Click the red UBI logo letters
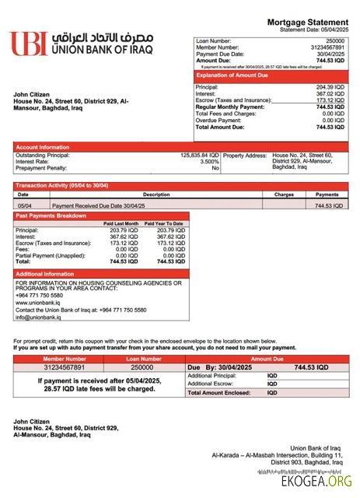click(27, 44)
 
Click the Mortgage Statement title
click(307, 23)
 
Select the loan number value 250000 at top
click(335, 40)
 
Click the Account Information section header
click(43, 146)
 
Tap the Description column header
click(156, 194)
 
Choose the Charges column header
click(284, 194)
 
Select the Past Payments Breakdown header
click(51, 215)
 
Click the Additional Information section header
click(45, 274)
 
